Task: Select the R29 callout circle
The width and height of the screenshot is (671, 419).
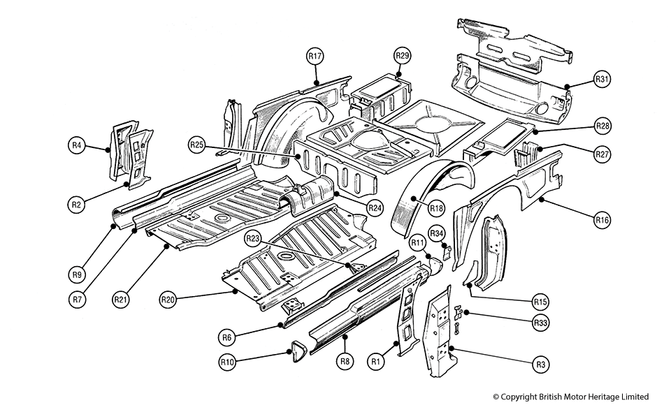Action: coord(402,55)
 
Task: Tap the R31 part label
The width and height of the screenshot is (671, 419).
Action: coord(601,79)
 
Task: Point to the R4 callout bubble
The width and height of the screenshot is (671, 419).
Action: coord(77,145)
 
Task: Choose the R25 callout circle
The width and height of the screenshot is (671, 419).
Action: coord(196,145)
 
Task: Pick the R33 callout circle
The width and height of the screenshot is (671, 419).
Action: coord(540,323)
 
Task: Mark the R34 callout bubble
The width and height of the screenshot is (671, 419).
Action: coord(436,233)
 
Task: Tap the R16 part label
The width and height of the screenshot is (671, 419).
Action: coord(601,221)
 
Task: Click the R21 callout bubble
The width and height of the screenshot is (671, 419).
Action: coord(120,300)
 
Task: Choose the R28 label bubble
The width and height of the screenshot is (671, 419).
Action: coord(601,126)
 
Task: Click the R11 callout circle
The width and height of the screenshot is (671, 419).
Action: coord(418,242)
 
